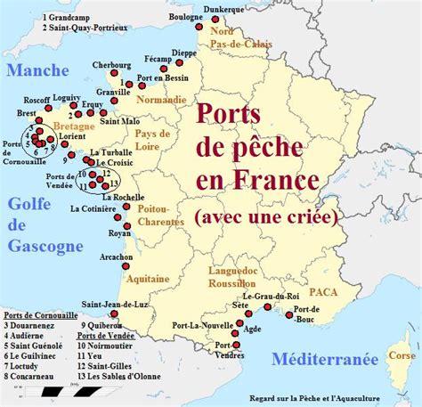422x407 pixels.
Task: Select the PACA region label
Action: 324,291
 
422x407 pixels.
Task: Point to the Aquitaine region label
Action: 147,279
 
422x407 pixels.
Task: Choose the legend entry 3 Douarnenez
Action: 32,326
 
